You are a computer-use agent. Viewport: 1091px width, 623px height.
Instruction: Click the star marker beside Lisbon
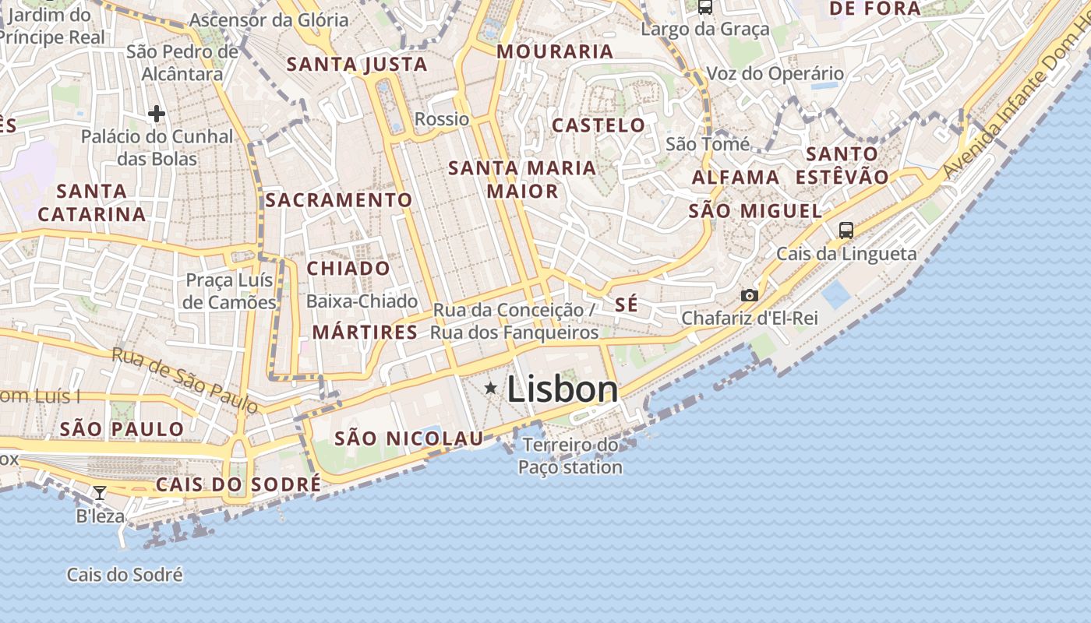491,388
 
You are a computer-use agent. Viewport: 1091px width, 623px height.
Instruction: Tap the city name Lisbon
563,389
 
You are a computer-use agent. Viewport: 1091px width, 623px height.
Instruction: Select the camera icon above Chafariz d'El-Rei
750,296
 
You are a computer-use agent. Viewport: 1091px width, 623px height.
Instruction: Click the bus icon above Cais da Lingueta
846,231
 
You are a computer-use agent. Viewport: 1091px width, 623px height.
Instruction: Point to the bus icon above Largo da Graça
705,7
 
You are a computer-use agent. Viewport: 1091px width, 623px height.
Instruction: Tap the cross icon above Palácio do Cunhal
157,114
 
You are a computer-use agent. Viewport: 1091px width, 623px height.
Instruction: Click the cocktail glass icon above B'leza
100,492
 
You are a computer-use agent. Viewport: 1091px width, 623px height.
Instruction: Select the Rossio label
442,119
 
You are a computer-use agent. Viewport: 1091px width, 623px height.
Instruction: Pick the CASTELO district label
598,125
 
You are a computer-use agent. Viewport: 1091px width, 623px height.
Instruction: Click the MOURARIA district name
555,52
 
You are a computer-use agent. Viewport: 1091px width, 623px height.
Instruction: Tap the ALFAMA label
736,178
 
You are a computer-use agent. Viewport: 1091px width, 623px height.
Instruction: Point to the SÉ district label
627,304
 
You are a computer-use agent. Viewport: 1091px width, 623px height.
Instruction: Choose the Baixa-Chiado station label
362,301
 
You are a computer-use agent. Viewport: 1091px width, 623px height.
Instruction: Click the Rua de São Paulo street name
185,379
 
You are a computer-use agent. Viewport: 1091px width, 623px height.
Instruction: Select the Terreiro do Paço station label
570,456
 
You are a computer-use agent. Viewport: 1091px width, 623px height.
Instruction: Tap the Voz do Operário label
775,74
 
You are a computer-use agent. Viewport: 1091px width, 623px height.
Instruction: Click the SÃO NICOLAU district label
409,439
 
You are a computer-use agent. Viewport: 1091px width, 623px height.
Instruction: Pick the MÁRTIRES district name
365,333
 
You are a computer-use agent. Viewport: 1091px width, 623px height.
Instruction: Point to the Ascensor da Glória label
269,20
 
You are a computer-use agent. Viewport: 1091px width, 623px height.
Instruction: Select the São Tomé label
708,144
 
